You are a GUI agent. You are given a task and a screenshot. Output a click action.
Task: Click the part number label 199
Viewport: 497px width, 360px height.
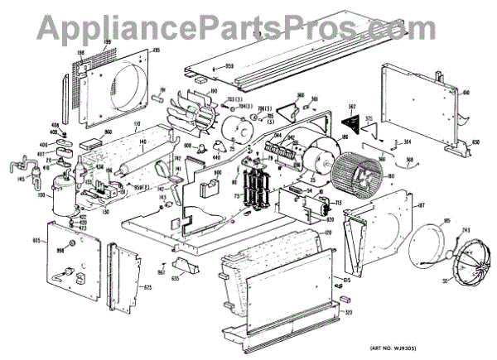(83, 41)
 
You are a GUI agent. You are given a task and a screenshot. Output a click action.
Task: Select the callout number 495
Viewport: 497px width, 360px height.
(155, 49)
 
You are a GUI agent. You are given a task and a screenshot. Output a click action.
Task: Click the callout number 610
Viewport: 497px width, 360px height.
(465, 92)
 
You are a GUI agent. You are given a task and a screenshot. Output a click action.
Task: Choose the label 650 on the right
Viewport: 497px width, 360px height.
(475, 142)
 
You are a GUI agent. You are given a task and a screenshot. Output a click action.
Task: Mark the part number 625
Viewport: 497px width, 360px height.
(147, 287)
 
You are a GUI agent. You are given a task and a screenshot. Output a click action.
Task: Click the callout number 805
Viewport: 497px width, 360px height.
(36, 240)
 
